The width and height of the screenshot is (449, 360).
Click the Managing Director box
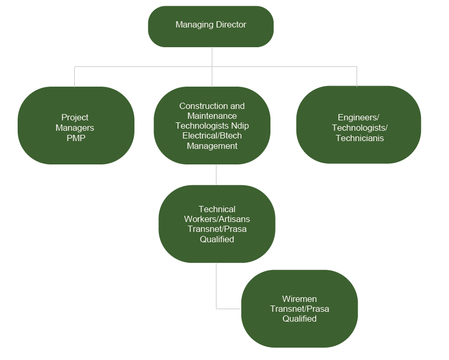(x=211, y=26)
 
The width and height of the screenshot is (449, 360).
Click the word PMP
(x=75, y=137)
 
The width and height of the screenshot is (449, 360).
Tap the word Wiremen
(x=300, y=299)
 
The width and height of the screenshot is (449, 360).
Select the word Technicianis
(x=360, y=138)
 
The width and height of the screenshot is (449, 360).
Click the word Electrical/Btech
(x=212, y=136)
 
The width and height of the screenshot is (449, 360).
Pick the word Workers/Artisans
(x=217, y=219)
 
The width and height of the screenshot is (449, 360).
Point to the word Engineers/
(x=359, y=118)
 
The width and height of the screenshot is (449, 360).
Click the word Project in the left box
(x=75, y=118)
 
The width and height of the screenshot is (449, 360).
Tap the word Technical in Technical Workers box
(x=217, y=210)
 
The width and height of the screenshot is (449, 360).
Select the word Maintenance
(x=212, y=116)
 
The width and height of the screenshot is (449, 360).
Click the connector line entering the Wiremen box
(x=228, y=309)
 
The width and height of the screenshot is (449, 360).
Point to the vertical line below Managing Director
(x=212, y=57)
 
